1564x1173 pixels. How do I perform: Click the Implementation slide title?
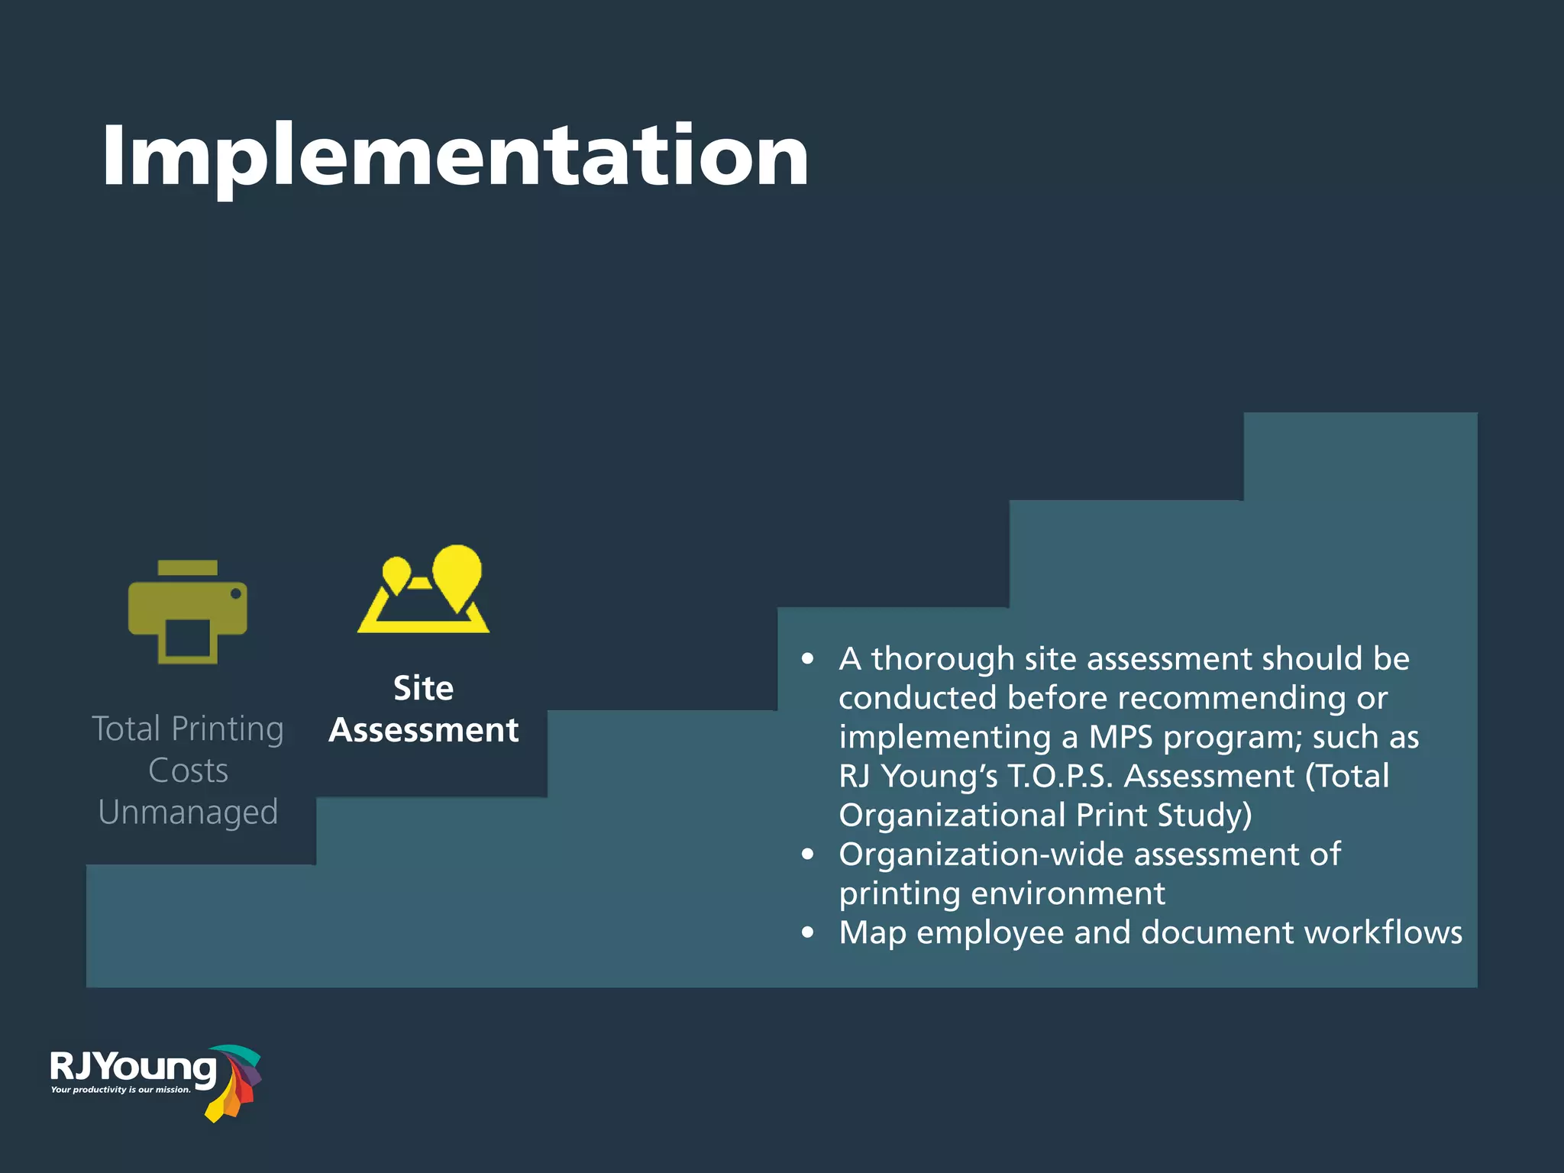click(455, 157)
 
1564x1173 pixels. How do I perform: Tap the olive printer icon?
click(188, 612)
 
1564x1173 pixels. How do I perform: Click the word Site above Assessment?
click(423, 688)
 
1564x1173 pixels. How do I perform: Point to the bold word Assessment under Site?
click(424, 730)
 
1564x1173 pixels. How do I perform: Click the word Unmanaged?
click(188, 812)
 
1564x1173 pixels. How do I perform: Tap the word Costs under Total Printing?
click(188, 770)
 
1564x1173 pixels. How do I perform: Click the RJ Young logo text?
click(134, 1067)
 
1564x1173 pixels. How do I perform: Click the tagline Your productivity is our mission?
click(121, 1090)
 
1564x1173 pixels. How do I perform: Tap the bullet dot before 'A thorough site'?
click(808, 659)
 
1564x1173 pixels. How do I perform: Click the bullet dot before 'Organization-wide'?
click(808, 855)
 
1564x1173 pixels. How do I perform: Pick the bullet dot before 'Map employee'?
click(808, 932)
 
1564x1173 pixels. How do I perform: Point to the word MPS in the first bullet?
click(1120, 737)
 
